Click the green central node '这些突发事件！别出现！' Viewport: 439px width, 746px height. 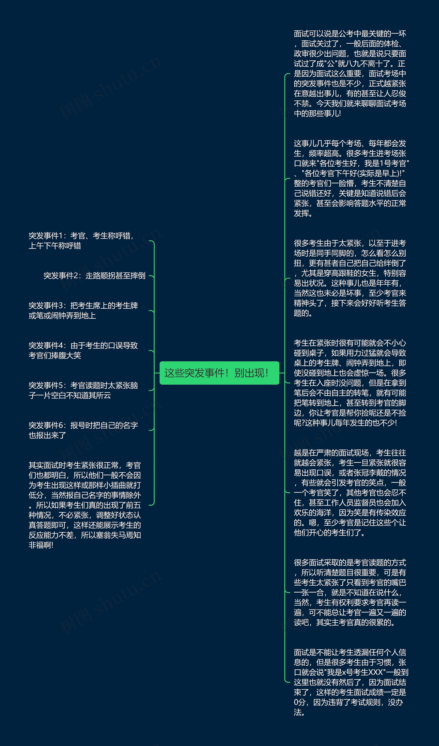click(x=219, y=373)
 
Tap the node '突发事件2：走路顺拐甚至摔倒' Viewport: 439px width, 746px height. click(x=94, y=276)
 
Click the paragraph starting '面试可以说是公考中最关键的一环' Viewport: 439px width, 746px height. click(x=350, y=73)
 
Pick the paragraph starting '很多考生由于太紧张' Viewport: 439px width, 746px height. click(x=350, y=278)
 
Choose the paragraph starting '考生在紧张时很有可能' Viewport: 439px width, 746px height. click(x=350, y=383)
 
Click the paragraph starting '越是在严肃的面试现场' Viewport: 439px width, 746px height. click(x=350, y=493)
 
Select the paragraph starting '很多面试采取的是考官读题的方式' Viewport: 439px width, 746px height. click(x=350, y=592)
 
